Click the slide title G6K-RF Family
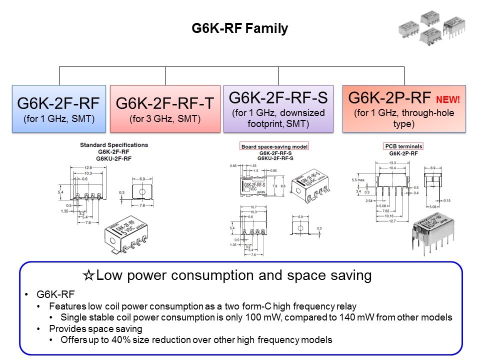240,28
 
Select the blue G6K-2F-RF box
59,108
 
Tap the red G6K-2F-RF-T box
164,108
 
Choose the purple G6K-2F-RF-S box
278,108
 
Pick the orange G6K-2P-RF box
404,108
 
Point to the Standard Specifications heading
114,145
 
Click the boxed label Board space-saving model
274,146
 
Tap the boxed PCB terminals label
403,146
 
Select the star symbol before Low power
88,275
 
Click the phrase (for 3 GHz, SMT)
164,119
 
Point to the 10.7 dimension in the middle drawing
253,207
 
